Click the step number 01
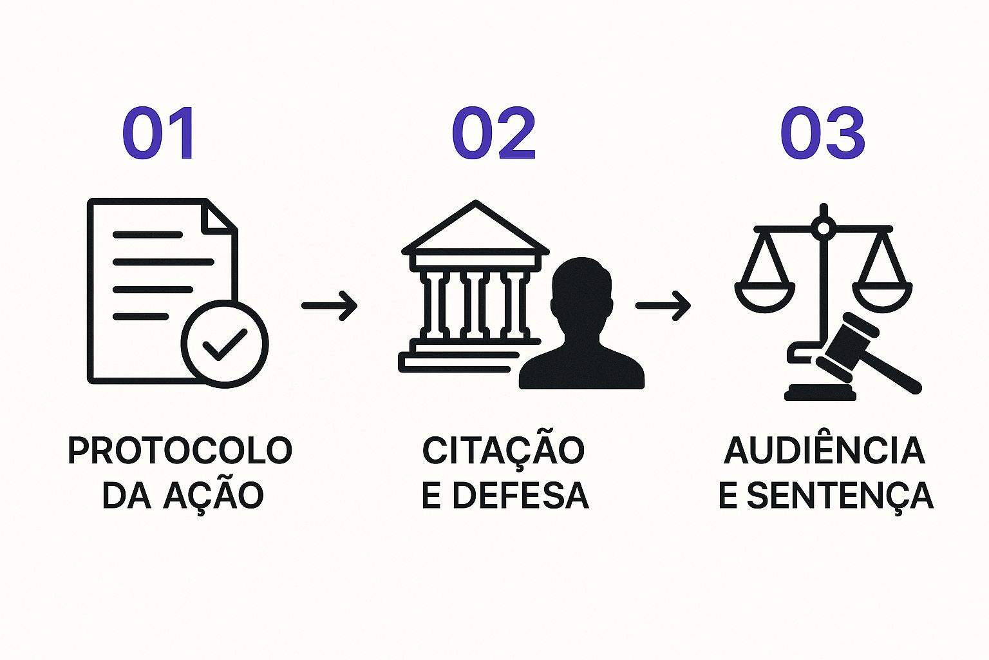[159, 134]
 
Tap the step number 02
[494, 134]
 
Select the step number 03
[822, 134]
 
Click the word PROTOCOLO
[180, 451]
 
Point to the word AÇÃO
[213, 495]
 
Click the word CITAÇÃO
[503, 451]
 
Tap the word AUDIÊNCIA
[824, 451]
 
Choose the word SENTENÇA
[840, 495]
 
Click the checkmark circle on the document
[224, 344]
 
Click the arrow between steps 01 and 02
[329, 305]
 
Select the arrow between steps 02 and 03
[663, 305]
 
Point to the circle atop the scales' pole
[823, 227]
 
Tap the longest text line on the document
[163, 262]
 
